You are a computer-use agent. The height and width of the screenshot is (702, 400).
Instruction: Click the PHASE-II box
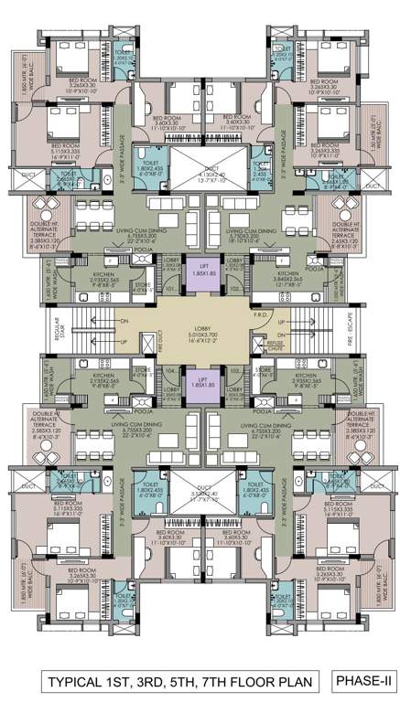(362, 681)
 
